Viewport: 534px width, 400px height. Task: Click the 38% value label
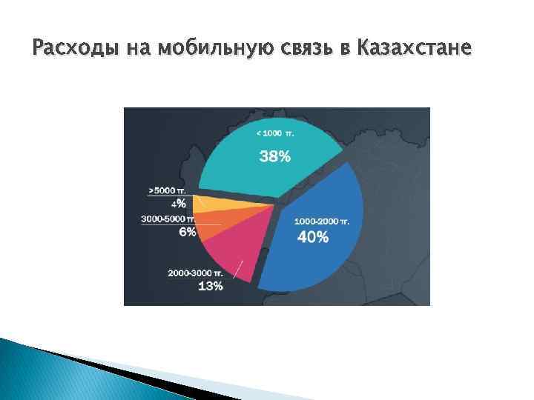[274, 156]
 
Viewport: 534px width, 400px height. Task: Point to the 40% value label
[312, 237]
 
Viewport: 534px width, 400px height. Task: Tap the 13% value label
[210, 286]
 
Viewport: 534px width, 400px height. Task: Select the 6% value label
[187, 232]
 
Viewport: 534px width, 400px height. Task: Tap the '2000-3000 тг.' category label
[194, 273]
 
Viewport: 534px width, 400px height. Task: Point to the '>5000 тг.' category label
[167, 190]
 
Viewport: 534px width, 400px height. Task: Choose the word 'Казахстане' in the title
[413, 49]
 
